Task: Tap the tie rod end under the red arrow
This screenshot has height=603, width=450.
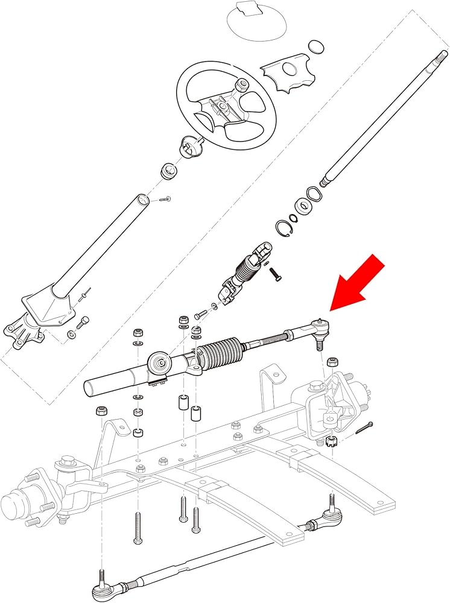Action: coord(318,330)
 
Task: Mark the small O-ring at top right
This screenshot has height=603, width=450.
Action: coord(316,46)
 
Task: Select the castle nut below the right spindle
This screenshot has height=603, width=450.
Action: coord(331,441)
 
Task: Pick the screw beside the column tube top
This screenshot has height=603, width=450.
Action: coord(165,198)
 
